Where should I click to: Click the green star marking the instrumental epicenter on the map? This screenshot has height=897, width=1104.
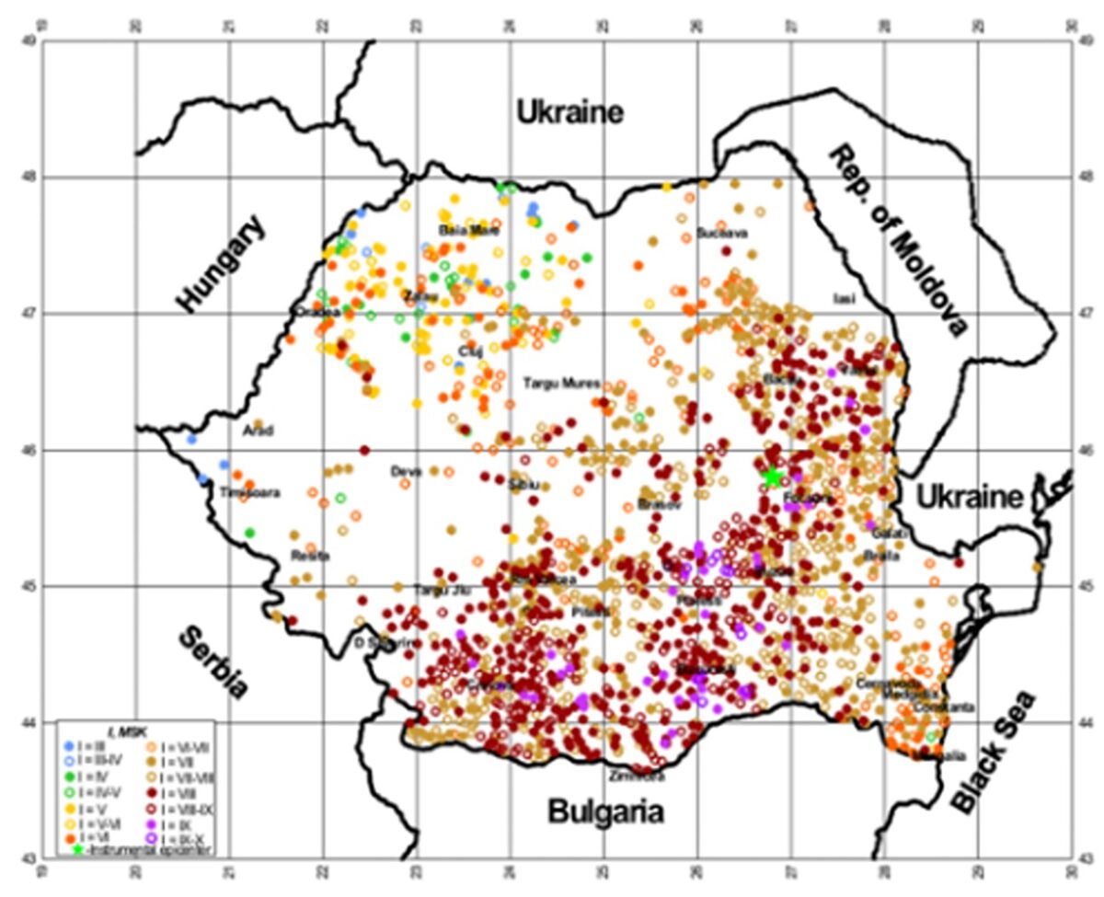pos(773,476)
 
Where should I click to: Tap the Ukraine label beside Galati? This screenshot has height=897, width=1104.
pos(968,498)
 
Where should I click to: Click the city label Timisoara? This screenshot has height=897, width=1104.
pos(247,493)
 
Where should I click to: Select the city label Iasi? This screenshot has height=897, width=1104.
pos(844,298)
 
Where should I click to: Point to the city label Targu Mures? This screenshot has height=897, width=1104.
pos(562,382)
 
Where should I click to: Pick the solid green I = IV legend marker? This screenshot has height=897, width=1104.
pos(69,776)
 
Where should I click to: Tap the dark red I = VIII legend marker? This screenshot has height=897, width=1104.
pos(152,791)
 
